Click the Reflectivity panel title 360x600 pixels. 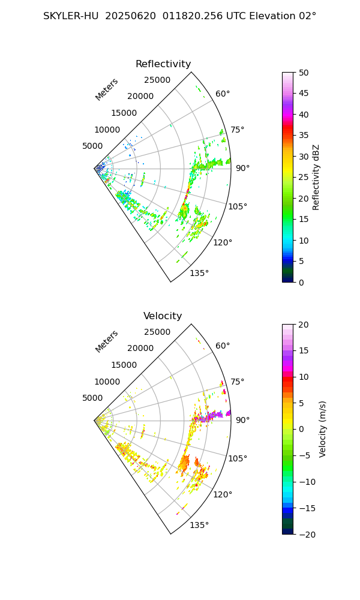coord(163,64)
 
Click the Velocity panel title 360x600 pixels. coord(163,316)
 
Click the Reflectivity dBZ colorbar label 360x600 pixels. coord(316,177)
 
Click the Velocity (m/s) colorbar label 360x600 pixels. coord(322,429)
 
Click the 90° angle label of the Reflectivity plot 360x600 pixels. coord(242,169)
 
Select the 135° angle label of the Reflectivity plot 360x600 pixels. coord(199,274)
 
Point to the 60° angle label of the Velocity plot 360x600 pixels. coord(223,346)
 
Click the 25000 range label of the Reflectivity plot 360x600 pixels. coord(157,80)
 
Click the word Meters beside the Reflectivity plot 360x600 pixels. coord(107,89)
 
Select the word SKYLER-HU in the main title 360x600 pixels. coord(70,16)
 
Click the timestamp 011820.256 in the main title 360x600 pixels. coord(193,16)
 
